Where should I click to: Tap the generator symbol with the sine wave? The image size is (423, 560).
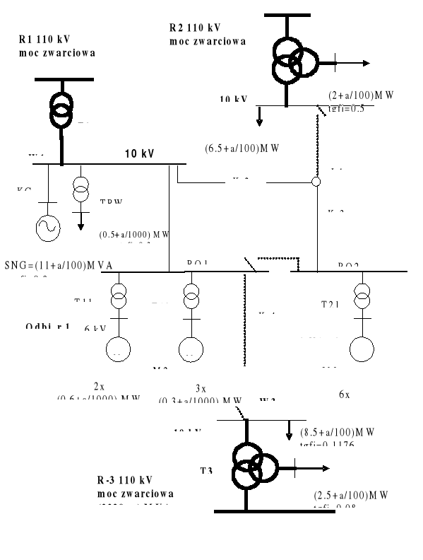pyautogui.click(x=48, y=227)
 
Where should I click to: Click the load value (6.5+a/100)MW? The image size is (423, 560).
pyautogui.click(x=243, y=148)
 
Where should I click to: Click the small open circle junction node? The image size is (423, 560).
pyautogui.click(x=316, y=182)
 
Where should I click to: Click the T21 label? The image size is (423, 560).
pyautogui.click(x=330, y=304)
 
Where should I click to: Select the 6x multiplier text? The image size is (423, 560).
pyautogui.click(x=343, y=395)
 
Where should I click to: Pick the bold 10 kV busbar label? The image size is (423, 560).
pyautogui.click(x=140, y=153)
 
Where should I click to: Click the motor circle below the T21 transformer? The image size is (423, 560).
pyautogui.click(x=363, y=350)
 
